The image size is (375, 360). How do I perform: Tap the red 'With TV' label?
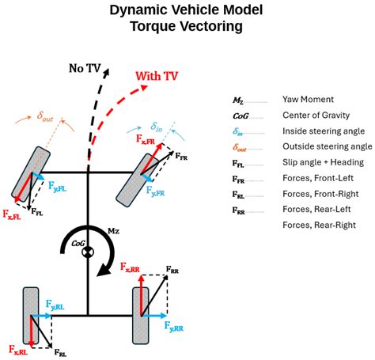click(159, 78)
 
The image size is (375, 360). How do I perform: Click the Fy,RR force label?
click(174, 326)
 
